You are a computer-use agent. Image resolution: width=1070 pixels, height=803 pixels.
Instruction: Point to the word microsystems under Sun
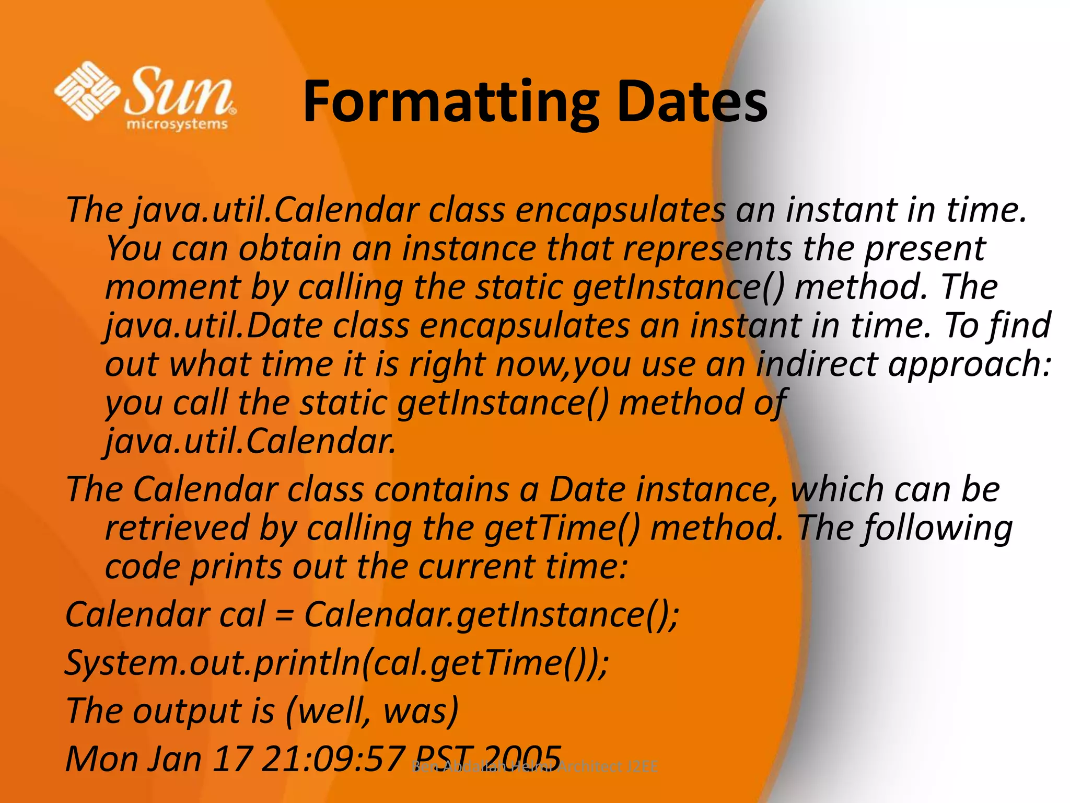[177, 124]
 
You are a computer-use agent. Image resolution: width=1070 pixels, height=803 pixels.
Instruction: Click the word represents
[707, 249]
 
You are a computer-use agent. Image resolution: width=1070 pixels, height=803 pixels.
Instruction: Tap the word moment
[172, 287]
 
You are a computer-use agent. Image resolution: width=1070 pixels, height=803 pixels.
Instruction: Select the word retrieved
[177, 527]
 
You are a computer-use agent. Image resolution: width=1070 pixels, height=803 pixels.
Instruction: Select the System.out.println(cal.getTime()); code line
[336, 663]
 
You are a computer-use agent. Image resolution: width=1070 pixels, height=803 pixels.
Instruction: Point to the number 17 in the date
[232, 759]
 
